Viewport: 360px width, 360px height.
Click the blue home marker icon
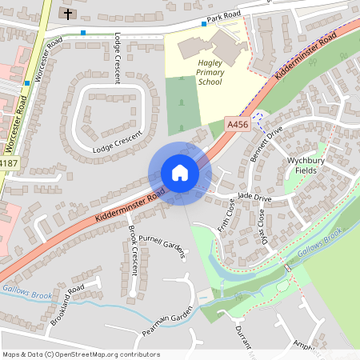[x=179, y=173]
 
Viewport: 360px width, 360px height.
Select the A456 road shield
[x=237, y=125]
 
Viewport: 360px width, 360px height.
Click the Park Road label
[x=223, y=17]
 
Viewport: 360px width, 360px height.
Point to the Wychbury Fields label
[x=307, y=166]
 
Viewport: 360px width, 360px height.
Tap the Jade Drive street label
[x=255, y=197]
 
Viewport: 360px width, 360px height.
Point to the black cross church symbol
[x=67, y=14]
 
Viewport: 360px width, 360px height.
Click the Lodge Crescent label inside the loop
[x=117, y=142]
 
